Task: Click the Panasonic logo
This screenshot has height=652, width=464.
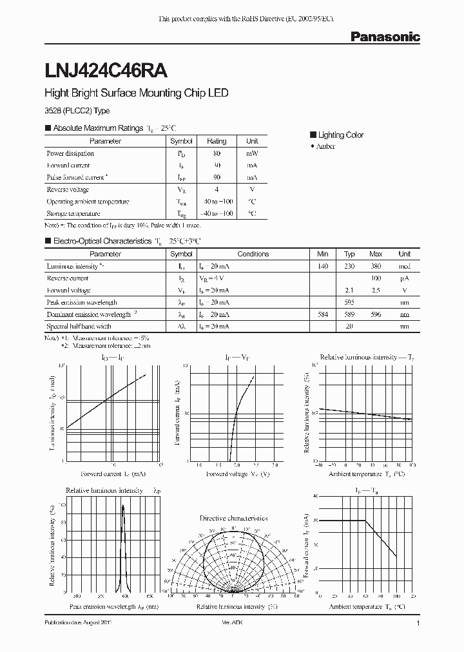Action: click(x=385, y=37)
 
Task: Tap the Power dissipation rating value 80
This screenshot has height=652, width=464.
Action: click(x=217, y=154)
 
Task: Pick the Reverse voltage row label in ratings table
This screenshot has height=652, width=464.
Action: click(x=68, y=190)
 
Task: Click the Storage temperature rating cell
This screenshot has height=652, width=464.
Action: click(x=217, y=213)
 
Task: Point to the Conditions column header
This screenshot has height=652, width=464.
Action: click(x=253, y=254)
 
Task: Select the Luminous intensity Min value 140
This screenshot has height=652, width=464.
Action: click(x=323, y=266)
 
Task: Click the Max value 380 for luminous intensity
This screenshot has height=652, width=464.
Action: click(x=376, y=266)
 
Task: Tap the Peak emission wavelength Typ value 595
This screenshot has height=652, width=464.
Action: click(x=349, y=302)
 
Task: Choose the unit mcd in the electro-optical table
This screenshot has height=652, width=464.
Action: click(x=404, y=266)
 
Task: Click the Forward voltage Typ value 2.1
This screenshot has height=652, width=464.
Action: click(x=349, y=291)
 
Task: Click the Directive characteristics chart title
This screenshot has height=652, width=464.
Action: click(x=233, y=518)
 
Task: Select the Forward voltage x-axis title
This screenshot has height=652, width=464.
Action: click(x=238, y=474)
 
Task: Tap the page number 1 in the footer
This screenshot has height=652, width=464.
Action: click(x=418, y=624)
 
